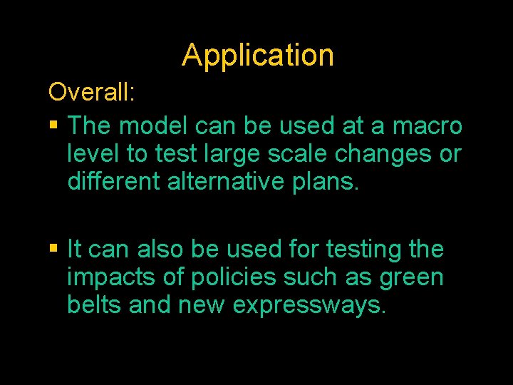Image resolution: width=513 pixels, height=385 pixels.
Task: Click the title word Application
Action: tap(257, 56)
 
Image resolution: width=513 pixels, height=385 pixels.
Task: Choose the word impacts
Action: tap(109, 277)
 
